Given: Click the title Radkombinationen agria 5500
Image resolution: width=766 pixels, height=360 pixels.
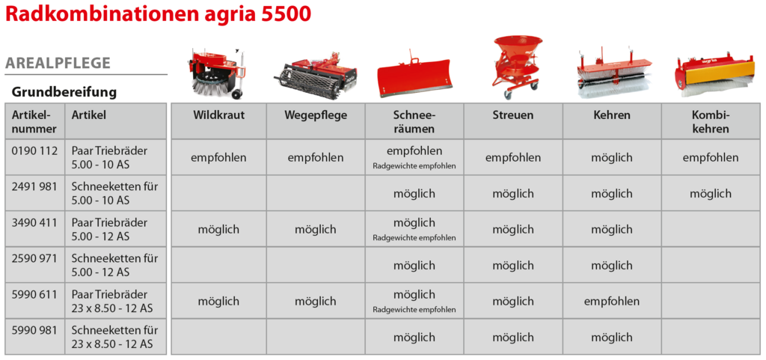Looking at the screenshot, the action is [x=158, y=14].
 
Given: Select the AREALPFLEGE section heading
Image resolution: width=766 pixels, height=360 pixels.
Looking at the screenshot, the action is [x=58, y=63].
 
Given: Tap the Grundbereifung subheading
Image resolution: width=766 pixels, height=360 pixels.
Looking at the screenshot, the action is [x=64, y=92].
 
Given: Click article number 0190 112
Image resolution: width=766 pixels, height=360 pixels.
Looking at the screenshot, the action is [x=34, y=150].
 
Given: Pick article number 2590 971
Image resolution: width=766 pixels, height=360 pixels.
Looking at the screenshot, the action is [x=34, y=258].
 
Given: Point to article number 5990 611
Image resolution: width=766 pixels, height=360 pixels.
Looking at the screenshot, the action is [x=34, y=295].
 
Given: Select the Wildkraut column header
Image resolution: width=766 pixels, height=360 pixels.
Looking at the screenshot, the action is [x=218, y=115].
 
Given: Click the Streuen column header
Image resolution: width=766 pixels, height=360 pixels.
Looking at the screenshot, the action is [x=513, y=115].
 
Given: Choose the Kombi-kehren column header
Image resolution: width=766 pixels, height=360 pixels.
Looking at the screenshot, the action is [x=711, y=122].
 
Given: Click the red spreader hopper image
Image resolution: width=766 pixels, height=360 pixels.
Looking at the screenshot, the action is [x=515, y=63].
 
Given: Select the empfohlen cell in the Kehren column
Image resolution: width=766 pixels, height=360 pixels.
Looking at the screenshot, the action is [x=612, y=302].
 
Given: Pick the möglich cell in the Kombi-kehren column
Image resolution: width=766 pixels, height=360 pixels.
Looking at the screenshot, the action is [x=711, y=193].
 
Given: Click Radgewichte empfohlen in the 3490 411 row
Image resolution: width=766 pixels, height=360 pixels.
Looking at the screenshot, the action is [x=414, y=238].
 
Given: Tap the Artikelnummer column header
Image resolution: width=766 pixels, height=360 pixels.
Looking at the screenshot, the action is [x=34, y=122].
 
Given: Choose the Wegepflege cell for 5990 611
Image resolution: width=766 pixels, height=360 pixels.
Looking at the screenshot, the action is [x=315, y=302].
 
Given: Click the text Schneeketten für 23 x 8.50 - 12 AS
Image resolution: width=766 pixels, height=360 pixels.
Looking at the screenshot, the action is [x=114, y=337].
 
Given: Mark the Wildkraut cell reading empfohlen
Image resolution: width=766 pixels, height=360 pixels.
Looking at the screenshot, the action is [x=218, y=158].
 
